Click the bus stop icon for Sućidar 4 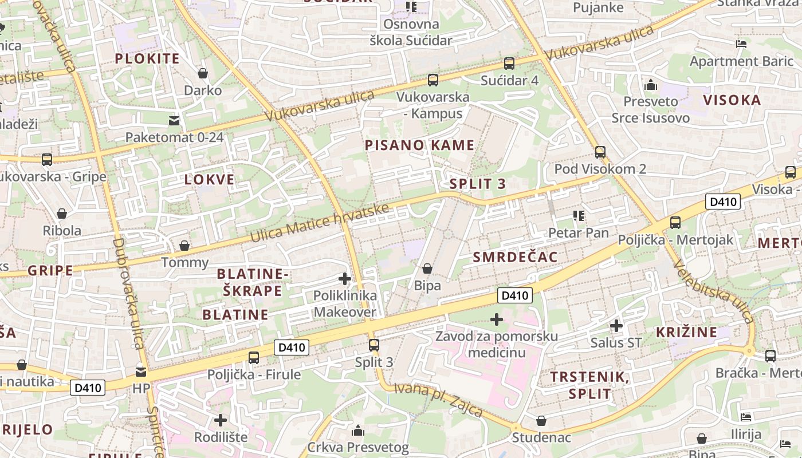coord(509,63)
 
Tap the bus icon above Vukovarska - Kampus coord(433,80)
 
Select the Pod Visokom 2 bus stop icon coord(600,152)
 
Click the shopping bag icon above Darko coord(202,73)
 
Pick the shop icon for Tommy coord(184,246)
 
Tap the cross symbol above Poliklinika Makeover coord(345,279)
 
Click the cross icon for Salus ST coord(616,326)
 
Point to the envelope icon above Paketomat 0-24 coord(174,120)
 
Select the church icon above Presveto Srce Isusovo coord(650,85)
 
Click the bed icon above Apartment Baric coord(741,44)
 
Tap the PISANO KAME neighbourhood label coord(420,145)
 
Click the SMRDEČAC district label coord(515,257)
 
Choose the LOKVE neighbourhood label coord(210,180)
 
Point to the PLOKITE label coord(147,58)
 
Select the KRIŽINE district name coord(686,332)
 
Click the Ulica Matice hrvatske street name coord(320,223)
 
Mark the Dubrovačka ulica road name coord(128,292)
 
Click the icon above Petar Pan coord(579,216)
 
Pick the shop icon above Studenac coord(541,421)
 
